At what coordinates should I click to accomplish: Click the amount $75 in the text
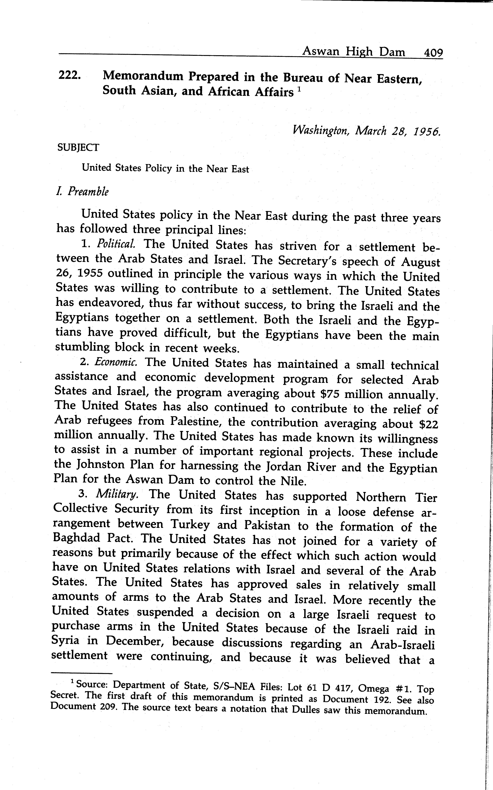point(329,394)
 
